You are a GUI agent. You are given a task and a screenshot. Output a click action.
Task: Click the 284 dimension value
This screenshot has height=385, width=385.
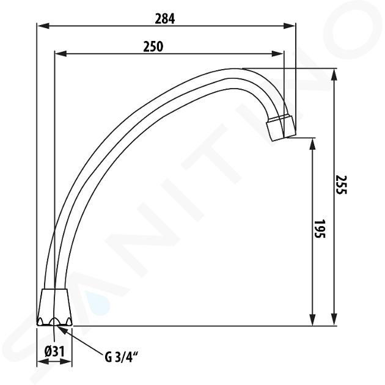point(165,19)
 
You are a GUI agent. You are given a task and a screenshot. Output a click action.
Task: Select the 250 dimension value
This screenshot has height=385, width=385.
point(153,46)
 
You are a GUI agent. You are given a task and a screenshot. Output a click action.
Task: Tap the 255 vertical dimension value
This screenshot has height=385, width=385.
point(341,185)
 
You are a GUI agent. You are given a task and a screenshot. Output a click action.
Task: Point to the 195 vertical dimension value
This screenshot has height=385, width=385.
point(320,229)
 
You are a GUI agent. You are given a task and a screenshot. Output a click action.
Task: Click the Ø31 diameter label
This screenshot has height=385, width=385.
point(54,351)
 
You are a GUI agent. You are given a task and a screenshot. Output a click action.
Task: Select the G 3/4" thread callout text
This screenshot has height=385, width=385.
point(120,357)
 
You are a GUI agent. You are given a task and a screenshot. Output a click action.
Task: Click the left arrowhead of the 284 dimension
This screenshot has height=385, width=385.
point(43,26)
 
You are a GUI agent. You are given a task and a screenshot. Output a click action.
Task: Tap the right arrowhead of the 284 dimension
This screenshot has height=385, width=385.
point(289,26)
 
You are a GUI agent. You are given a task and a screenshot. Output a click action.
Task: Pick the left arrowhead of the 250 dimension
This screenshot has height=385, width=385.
point(61,54)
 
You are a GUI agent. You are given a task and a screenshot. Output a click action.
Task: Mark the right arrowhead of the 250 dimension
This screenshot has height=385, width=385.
point(277,54)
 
